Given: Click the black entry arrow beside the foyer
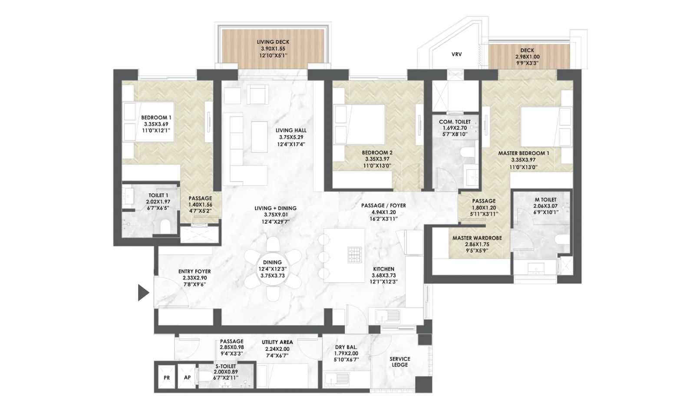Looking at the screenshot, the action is [x=143, y=293].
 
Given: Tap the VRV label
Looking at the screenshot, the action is [x=457, y=54].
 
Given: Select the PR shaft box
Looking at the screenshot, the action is [x=167, y=378].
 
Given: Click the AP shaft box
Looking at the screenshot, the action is [x=187, y=377].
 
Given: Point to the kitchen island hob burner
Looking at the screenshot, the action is [x=355, y=254].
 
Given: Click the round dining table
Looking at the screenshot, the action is [x=273, y=269].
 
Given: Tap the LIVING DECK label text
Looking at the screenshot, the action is [x=273, y=42].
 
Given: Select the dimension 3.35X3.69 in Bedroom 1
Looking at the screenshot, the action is [x=156, y=124].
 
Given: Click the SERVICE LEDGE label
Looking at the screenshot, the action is [x=400, y=362].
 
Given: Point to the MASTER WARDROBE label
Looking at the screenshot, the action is [x=477, y=238].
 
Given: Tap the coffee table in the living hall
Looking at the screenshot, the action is [x=259, y=137].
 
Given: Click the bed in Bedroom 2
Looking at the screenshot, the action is [x=359, y=124].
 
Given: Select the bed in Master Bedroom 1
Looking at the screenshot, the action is [x=547, y=127].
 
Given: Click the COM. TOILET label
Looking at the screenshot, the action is [x=455, y=122].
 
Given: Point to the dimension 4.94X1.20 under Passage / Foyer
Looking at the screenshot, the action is [x=383, y=212].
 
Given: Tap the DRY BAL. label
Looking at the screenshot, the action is [x=346, y=347].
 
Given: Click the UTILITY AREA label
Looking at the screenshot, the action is [x=277, y=342].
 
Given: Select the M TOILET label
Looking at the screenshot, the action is [x=546, y=200].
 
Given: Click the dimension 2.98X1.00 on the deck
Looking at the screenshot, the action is [x=527, y=57].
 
